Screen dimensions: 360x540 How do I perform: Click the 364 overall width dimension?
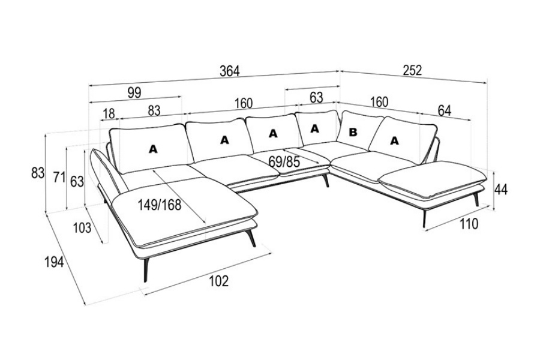coord(229,71)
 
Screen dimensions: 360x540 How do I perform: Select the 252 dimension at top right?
coord(412,70)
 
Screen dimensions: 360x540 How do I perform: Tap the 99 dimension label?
coord(134,92)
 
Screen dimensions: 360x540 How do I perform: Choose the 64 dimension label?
coord(445,110)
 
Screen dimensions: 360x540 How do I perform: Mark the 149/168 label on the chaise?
coord(159,205)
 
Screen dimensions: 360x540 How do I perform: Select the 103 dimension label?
coord(82,227)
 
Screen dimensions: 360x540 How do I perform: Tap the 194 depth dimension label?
coord(54,262)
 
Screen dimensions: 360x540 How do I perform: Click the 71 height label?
coord(58,177)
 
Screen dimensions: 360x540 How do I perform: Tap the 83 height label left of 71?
coord(38,173)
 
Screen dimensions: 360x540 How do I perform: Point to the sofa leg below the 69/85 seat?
coord(326,181)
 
